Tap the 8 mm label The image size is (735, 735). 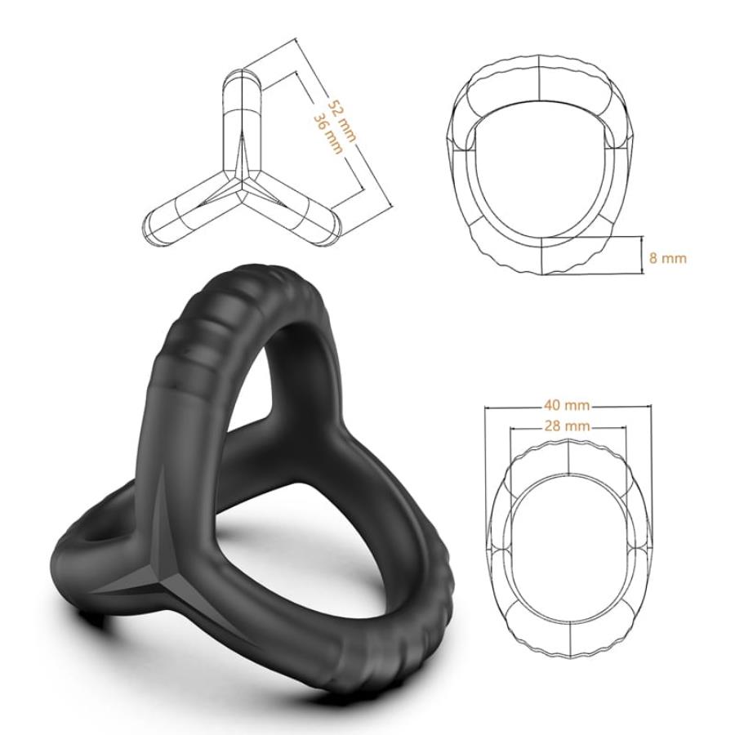(x=667, y=258)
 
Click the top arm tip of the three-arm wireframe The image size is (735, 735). (x=242, y=80)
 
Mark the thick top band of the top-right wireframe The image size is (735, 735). (x=541, y=82)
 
